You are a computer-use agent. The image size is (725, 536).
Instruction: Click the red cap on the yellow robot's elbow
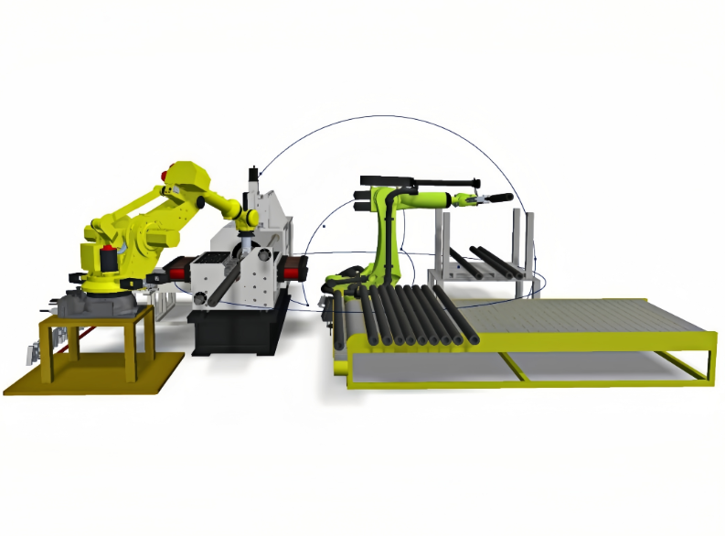(x=168, y=173)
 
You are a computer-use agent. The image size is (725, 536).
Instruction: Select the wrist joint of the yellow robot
(x=245, y=220)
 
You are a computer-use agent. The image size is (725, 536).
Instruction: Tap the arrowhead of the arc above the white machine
(x=261, y=173)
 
